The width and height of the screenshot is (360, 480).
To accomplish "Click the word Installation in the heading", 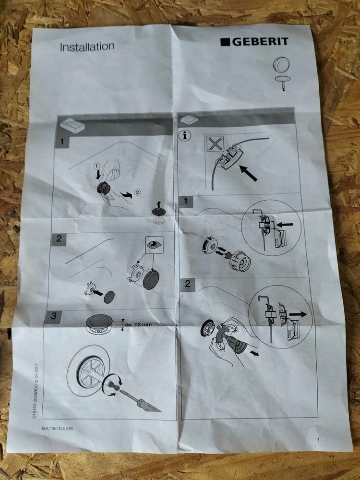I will coord(87,47).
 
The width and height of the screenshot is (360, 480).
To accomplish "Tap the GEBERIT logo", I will coord(254,42).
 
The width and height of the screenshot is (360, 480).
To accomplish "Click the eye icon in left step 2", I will coord(154,244).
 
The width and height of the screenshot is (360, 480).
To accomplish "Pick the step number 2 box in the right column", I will coord(187,284).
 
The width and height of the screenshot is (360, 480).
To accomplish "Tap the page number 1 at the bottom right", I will coord(318,440).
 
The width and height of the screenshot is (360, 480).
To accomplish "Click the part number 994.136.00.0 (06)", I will coord(57,428).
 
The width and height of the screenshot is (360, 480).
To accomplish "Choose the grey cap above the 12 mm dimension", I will coord(100,320).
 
